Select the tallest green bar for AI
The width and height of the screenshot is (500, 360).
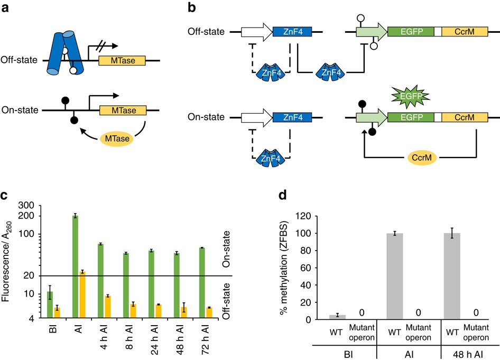(76, 266)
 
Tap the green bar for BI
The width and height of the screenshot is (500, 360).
(50, 304)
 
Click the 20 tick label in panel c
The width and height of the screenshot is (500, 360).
(30, 276)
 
